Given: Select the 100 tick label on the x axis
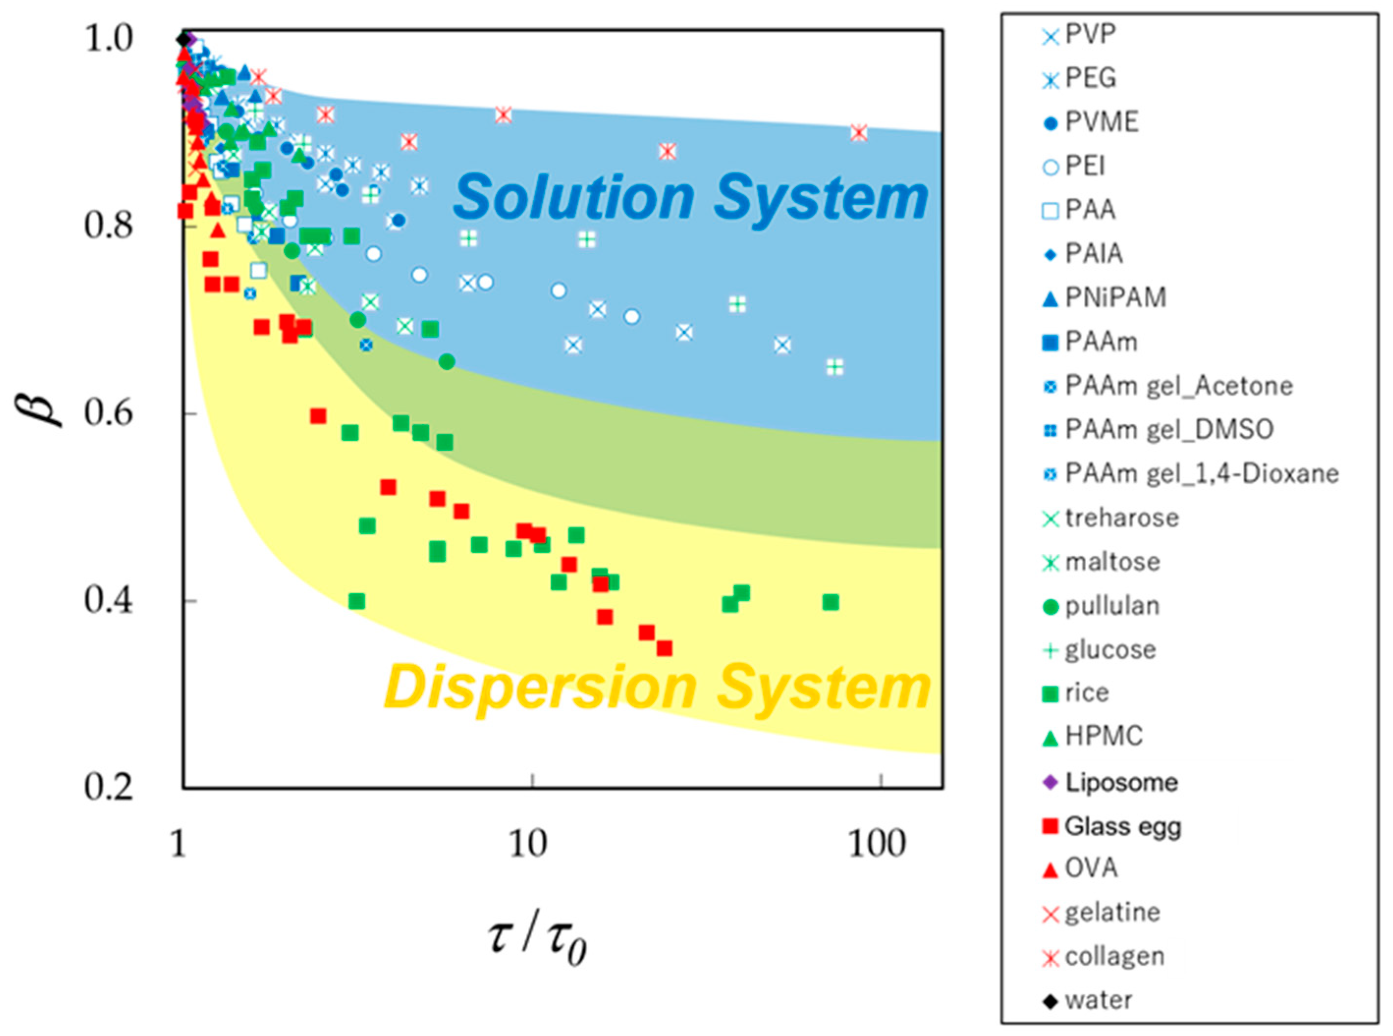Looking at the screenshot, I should pyautogui.click(x=877, y=845).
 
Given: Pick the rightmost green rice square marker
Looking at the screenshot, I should pyautogui.click(x=830, y=602).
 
